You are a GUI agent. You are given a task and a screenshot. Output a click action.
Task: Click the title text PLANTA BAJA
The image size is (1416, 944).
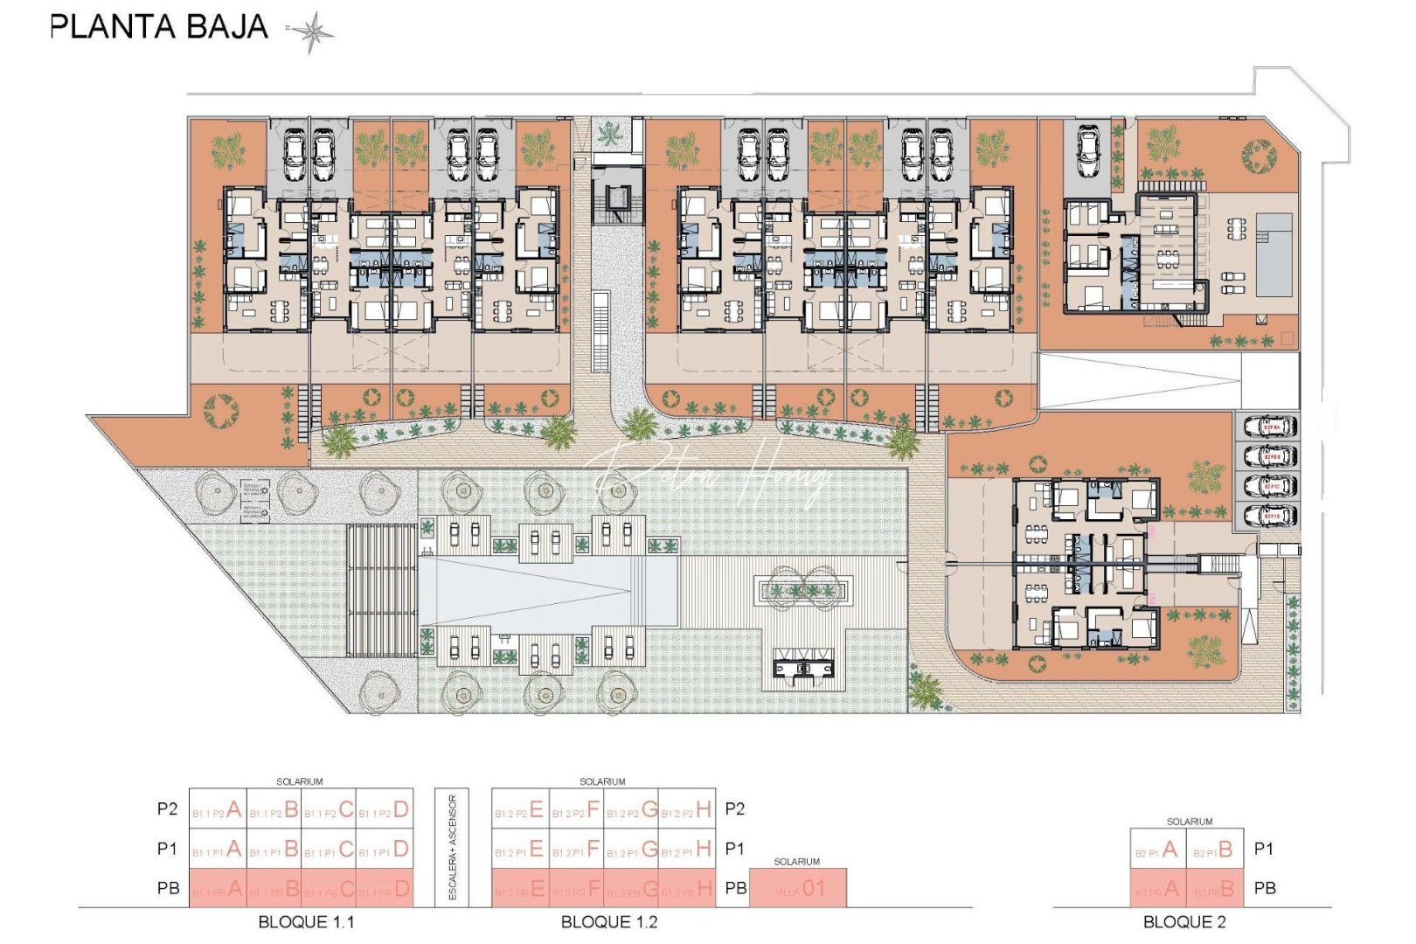159,27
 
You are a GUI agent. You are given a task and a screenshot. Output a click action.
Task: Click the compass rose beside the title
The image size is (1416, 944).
312,33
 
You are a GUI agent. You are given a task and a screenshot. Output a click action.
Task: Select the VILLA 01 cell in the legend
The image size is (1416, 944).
798,888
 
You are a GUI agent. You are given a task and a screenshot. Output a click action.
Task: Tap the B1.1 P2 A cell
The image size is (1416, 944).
218,809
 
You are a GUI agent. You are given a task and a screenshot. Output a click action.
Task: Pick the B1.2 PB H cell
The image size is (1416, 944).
687,888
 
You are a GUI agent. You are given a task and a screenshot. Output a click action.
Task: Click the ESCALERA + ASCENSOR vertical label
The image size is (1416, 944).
452,847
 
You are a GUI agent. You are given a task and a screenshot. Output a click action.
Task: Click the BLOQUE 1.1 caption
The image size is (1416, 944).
306,921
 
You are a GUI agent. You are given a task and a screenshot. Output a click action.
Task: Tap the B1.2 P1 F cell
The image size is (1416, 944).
575,849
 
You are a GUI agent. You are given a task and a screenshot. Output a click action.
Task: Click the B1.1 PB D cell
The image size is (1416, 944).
385,888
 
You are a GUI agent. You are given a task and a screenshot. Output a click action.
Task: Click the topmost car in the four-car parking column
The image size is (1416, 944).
1270,427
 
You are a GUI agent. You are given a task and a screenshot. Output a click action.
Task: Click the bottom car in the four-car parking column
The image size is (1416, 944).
1270,516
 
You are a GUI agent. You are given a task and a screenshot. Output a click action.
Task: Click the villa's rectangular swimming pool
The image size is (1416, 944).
1274,253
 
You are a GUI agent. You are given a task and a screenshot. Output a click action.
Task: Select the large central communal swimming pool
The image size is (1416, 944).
548,591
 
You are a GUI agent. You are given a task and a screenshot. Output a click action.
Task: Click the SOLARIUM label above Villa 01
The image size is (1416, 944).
796,861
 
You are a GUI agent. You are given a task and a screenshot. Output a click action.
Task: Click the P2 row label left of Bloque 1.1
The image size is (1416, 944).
167,809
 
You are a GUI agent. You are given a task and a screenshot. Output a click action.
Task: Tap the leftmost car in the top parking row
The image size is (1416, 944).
294,155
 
